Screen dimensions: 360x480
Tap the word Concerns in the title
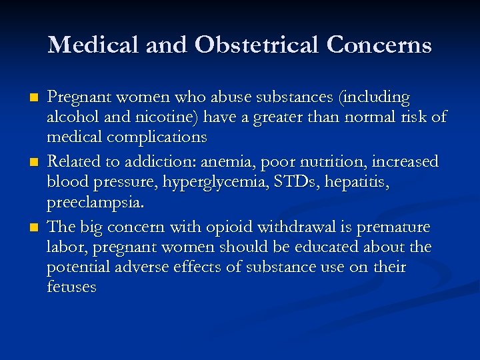click(379, 45)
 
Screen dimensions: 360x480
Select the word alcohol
click(71, 118)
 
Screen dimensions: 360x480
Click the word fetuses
click(71, 287)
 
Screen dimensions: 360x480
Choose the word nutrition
click(346, 162)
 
